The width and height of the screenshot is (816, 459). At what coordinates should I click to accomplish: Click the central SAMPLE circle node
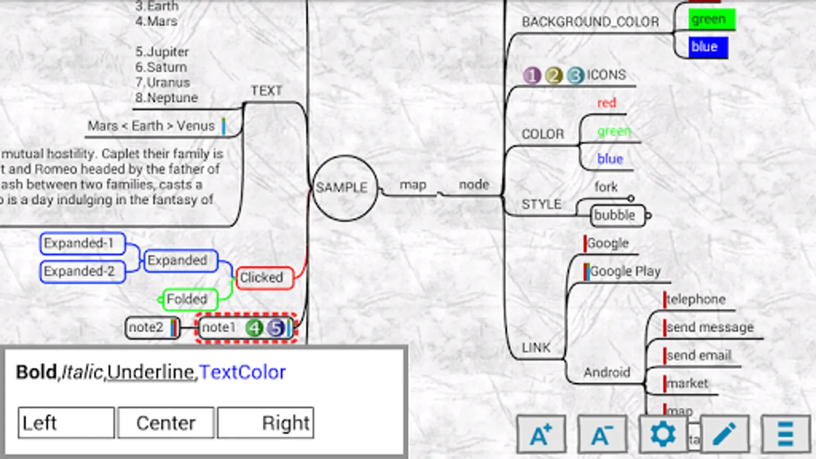(x=344, y=188)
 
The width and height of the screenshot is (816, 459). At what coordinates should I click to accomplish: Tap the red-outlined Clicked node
(x=264, y=278)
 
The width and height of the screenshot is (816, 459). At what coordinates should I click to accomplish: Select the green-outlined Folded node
(x=189, y=299)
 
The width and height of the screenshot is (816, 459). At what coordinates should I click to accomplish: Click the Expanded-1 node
(x=82, y=243)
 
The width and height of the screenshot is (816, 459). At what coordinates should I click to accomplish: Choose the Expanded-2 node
(x=82, y=271)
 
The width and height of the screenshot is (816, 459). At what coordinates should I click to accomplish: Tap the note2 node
(x=150, y=327)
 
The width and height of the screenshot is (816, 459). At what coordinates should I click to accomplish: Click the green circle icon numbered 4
(x=254, y=327)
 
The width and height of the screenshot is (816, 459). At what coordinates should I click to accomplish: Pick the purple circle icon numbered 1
(x=532, y=75)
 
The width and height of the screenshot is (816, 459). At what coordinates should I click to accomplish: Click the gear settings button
(x=662, y=434)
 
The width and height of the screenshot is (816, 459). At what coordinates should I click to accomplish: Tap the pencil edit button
(x=724, y=434)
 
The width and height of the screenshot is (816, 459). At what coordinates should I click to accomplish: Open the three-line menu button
(x=785, y=434)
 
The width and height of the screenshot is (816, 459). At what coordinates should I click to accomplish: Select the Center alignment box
(x=166, y=423)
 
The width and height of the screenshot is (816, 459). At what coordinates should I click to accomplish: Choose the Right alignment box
(x=266, y=423)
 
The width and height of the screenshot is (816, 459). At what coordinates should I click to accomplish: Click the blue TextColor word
(x=242, y=372)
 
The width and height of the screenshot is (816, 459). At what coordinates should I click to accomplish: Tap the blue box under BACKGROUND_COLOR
(x=707, y=47)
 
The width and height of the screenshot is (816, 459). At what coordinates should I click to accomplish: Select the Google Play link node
(x=625, y=271)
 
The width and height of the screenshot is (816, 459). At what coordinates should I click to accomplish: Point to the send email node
(x=699, y=355)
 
